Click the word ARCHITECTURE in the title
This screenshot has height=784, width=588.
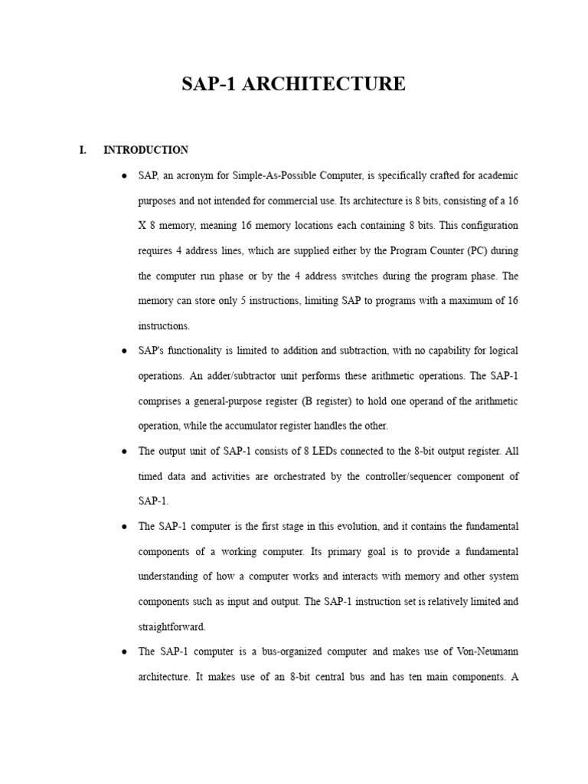point(324,84)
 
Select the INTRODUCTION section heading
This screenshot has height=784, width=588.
point(145,150)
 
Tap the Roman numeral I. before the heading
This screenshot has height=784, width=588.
point(83,150)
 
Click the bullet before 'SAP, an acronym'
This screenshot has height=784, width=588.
point(124,176)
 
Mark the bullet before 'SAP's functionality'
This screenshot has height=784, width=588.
point(124,351)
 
